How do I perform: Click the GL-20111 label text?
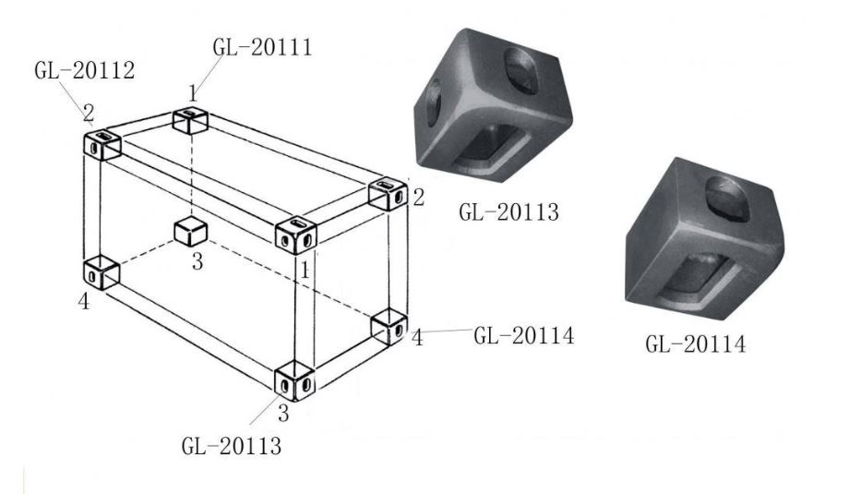click(263, 47)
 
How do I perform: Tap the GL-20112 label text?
click(85, 70)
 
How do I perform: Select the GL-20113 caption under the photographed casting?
click(508, 211)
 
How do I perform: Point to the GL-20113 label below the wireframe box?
click(232, 446)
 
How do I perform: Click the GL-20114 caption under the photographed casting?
click(695, 344)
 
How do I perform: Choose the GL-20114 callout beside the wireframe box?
click(523, 336)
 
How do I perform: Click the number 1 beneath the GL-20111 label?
click(193, 93)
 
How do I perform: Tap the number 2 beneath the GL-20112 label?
click(89, 114)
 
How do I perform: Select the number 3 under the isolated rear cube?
click(197, 261)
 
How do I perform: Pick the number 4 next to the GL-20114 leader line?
click(417, 337)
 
